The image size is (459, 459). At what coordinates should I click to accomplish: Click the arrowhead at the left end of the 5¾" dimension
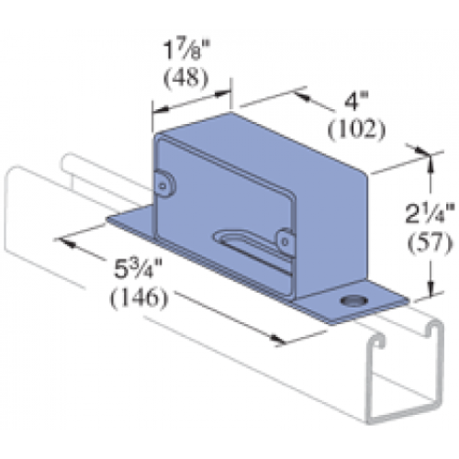coord(66,242)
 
